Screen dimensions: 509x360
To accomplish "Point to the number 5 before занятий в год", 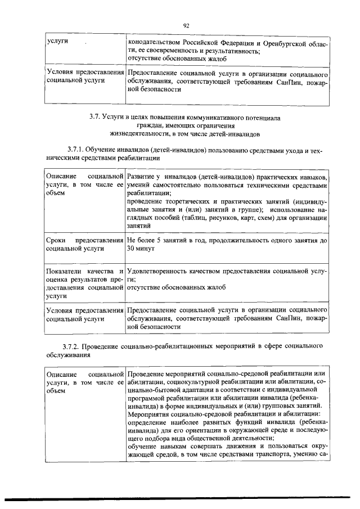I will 159,240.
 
